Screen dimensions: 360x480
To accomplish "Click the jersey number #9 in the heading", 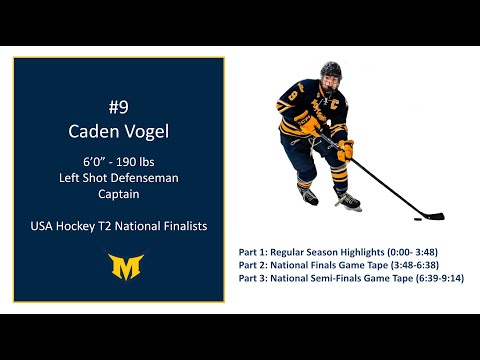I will point(119,104).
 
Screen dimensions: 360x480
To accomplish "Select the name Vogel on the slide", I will point(147,130).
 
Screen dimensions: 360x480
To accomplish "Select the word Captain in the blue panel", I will point(119,195).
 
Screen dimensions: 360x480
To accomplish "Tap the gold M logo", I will point(119,267).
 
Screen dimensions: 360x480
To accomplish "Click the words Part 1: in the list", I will point(255,251).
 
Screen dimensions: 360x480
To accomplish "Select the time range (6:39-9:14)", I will point(435,279).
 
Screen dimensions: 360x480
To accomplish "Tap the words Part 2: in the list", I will point(255,265).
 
